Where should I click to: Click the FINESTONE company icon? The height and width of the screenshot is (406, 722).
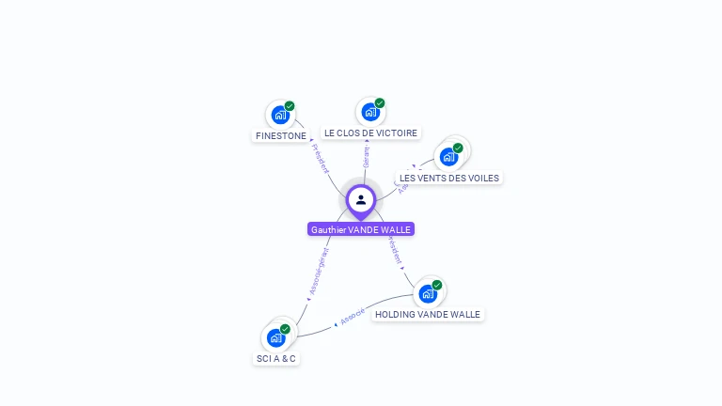point(280,115)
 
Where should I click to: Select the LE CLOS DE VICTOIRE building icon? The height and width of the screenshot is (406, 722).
point(370,112)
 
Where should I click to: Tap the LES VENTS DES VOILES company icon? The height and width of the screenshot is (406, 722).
point(449,156)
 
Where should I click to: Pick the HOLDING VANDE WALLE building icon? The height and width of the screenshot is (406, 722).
point(429,293)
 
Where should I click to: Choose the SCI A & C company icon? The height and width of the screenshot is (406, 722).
point(276,337)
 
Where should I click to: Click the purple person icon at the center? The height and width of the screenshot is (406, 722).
point(361,200)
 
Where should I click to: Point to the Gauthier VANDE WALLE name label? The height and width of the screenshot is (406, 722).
point(361,229)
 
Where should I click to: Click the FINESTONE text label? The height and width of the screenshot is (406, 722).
point(281,136)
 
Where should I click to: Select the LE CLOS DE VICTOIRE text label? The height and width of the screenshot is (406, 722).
point(370,133)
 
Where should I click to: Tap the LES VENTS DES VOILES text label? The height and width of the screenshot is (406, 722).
point(449,178)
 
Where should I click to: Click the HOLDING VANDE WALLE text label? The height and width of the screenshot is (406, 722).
point(428,315)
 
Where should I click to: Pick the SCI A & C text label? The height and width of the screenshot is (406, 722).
point(276,359)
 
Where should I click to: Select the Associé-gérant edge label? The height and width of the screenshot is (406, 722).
point(319,272)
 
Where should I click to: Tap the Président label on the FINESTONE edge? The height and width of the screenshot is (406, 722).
point(320,159)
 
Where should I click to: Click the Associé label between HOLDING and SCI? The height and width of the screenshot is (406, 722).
point(353,317)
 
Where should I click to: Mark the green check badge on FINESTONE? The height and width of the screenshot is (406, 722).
point(290,106)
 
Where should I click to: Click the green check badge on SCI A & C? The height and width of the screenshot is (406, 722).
point(285,329)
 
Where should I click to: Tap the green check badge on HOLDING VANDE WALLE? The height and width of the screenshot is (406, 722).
point(437,285)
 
